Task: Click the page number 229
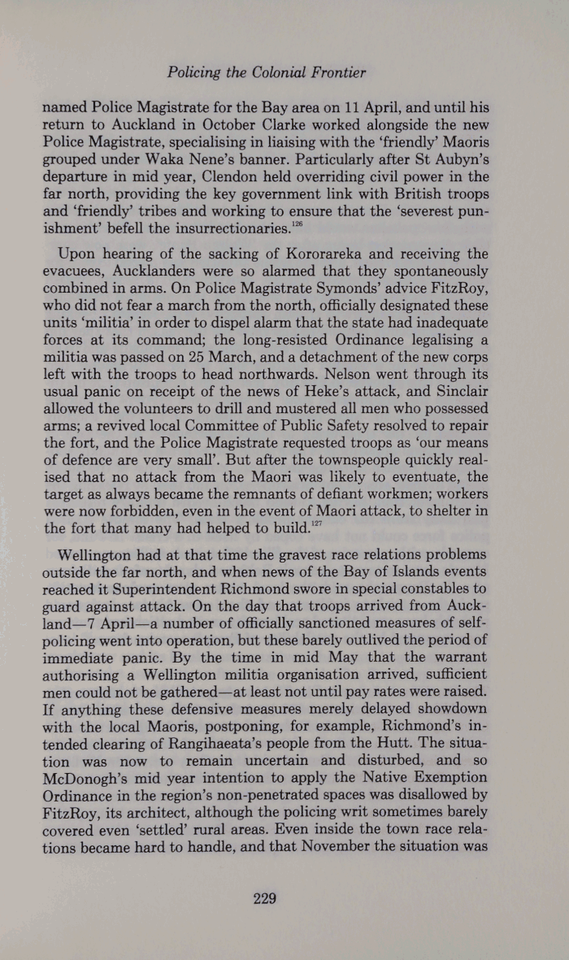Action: coord(266,898)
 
